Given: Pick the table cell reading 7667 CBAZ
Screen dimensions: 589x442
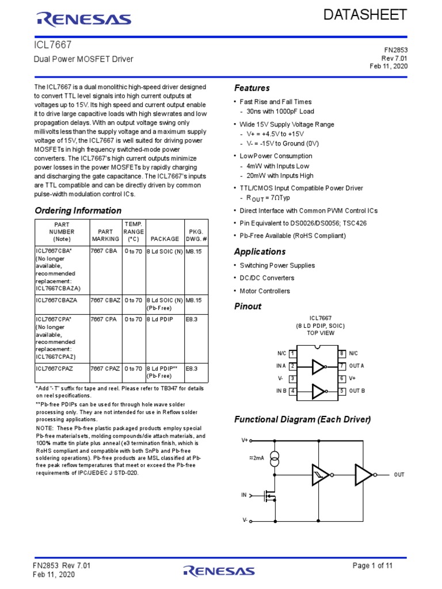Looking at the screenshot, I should tap(105, 300).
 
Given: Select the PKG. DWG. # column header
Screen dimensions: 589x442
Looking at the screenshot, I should tap(197, 234).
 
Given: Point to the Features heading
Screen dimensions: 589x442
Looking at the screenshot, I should tap(252, 88).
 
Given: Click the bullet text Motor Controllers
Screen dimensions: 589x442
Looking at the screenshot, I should tap(265, 291).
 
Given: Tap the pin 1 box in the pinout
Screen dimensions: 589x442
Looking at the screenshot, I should tap(292, 353).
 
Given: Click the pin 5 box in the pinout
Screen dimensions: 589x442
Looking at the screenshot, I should tap(341, 391).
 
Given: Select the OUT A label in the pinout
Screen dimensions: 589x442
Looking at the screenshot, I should tap(357, 366).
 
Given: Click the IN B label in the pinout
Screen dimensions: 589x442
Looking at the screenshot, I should tap(281, 391).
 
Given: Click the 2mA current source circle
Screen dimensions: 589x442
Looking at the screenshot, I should tap(275, 459).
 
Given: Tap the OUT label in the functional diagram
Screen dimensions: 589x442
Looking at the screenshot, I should tap(399, 475).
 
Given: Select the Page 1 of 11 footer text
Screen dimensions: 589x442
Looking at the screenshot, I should tap(372, 566).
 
